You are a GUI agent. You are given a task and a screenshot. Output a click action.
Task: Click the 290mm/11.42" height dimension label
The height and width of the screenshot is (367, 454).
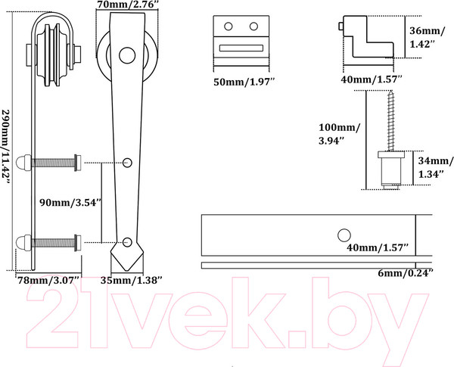point(6,146)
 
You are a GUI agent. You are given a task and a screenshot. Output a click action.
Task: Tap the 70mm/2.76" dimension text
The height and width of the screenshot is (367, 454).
point(128,4)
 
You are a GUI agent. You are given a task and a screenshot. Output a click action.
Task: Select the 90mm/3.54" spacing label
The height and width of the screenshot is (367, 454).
point(71,203)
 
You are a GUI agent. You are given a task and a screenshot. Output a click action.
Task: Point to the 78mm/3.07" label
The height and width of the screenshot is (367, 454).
point(48,280)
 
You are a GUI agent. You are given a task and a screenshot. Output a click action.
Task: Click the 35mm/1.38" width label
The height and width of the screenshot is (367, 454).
point(131,280)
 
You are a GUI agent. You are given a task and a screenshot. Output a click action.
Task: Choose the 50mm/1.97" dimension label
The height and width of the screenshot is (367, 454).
point(244,82)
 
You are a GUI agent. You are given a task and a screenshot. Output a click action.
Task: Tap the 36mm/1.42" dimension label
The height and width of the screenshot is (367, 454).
point(425,37)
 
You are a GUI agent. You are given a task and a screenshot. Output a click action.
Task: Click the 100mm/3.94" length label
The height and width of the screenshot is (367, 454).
point(340,134)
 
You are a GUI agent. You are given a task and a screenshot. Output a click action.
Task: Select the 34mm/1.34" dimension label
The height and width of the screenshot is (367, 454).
point(435,167)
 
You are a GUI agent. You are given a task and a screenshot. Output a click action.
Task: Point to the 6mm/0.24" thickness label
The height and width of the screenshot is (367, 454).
point(406,273)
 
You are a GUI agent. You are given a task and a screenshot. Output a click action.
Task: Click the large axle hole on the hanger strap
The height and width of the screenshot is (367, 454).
point(127,55)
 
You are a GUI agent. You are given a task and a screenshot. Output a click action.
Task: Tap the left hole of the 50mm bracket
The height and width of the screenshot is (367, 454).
point(229,26)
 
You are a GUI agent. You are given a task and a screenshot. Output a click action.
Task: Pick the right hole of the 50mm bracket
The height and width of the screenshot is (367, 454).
point(253,26)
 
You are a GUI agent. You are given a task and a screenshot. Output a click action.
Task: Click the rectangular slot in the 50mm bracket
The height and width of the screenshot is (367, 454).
point(241,48)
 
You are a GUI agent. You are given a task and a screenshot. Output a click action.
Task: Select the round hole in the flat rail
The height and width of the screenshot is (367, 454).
point(344,235)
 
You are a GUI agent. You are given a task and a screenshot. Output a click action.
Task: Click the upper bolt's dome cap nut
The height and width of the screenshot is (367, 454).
point(23,163)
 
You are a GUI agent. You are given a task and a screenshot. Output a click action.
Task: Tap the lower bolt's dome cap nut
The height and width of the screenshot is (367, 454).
point(23,243)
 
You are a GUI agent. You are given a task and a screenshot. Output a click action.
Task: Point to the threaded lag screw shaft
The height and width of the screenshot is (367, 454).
point(391,120)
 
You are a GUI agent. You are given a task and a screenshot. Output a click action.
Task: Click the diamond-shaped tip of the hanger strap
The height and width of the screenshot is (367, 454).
point(127,256)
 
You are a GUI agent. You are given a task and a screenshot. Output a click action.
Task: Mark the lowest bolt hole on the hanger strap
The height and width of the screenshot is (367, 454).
point(127,242)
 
